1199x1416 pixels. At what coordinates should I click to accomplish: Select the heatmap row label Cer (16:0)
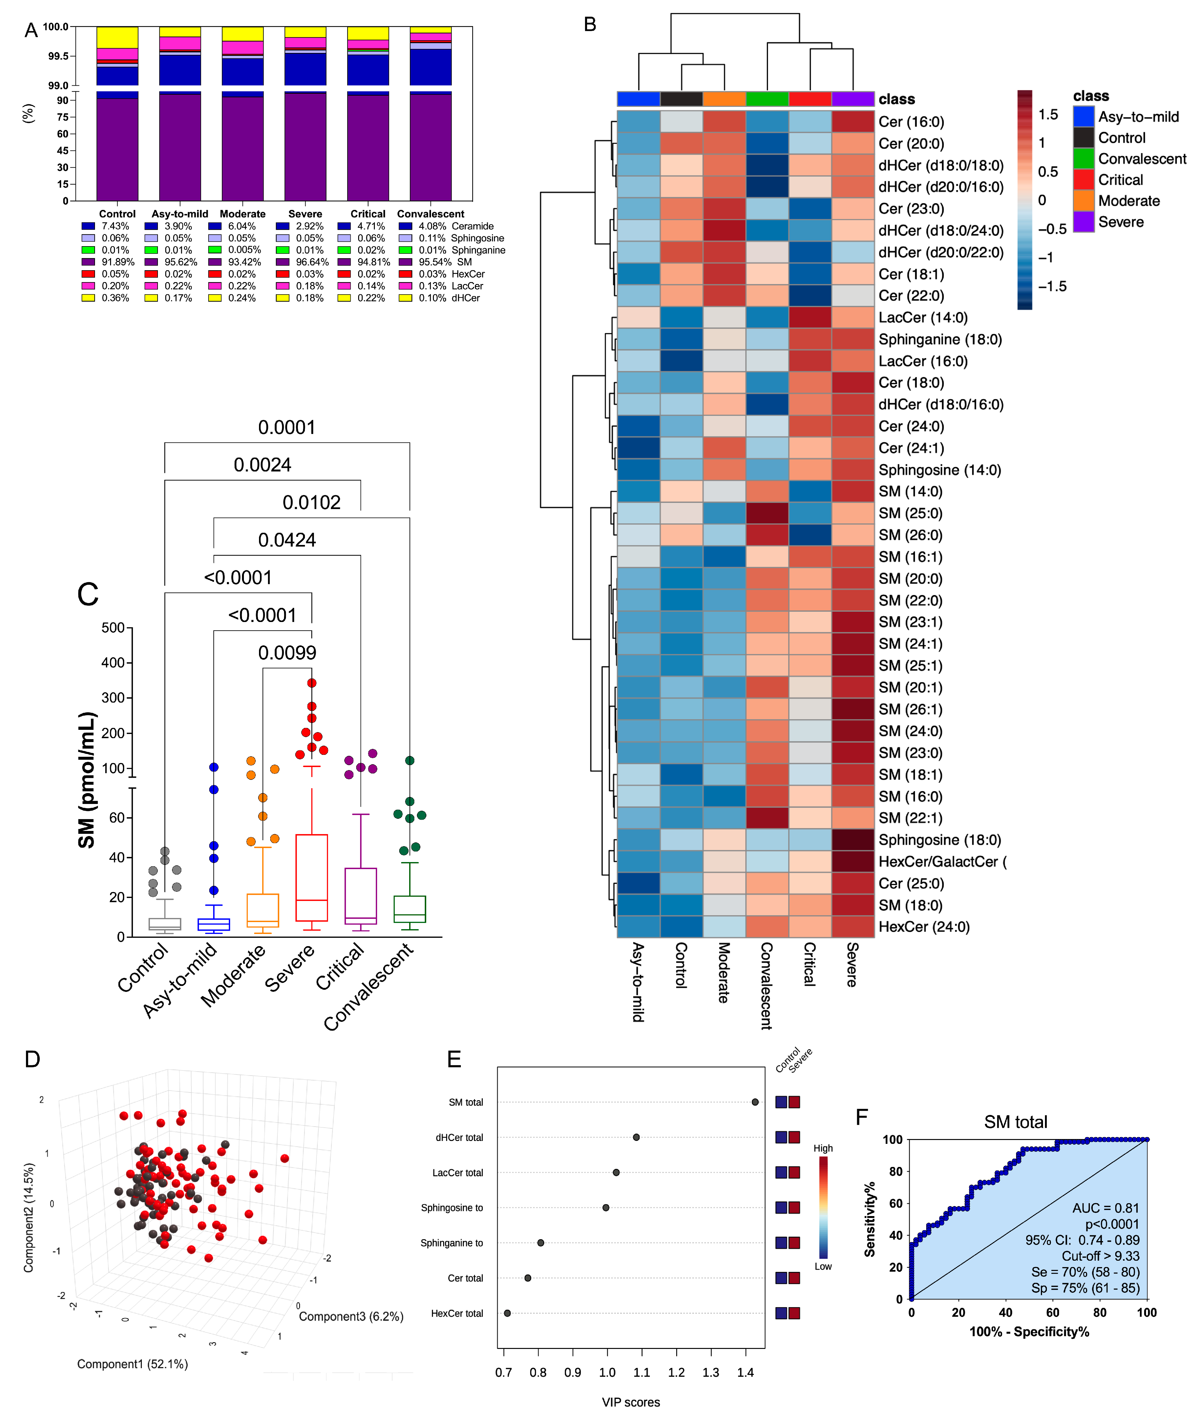[911, 122]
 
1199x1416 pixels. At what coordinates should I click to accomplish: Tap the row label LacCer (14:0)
[922, 317]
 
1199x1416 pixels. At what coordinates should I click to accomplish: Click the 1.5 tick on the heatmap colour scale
[1048, 115]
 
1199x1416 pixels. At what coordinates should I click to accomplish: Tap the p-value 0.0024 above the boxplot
[263, 465]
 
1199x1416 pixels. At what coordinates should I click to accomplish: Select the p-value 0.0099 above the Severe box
[287, 653]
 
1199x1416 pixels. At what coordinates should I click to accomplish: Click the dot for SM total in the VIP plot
[755, 1102]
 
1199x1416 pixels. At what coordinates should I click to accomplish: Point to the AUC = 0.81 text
[1105, 1208]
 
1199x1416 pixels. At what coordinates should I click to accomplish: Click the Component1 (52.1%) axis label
[133, 1364]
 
